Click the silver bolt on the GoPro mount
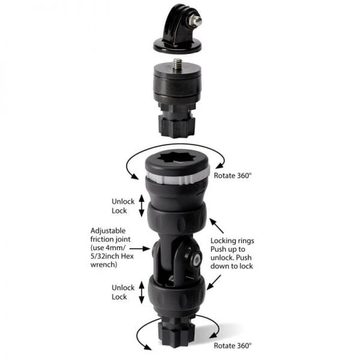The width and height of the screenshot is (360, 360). (x=195, y=21)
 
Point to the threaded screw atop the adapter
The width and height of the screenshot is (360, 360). (x=177, y=65)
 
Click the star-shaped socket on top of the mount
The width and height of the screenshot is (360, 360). (x=177, y=158)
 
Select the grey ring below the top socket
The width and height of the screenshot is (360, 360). (x=178, y=177)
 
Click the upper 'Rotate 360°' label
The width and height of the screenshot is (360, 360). (x=233, y=176)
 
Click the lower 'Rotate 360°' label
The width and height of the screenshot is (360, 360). (x=233, y=346)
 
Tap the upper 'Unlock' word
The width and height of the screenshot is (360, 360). (x=123, y=202)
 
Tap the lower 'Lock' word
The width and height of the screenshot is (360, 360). (x=119, y=296)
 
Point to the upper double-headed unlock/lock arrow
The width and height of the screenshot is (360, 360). (x=142, y=206)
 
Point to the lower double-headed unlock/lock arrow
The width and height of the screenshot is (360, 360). (x=142, y=292)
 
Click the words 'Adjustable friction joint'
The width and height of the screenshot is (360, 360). (x=110, y=235)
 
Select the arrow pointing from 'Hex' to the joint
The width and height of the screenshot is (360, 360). (x=140, y=248)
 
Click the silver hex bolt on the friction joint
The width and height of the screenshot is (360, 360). (x=197, y=260)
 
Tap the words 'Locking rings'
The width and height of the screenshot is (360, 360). (x=232, y=241)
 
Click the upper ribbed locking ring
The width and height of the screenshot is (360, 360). (x=177, y=219)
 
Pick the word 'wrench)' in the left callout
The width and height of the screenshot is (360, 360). (x=104, y=265)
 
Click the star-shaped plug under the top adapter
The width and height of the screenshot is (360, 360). (x=177, y=127)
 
